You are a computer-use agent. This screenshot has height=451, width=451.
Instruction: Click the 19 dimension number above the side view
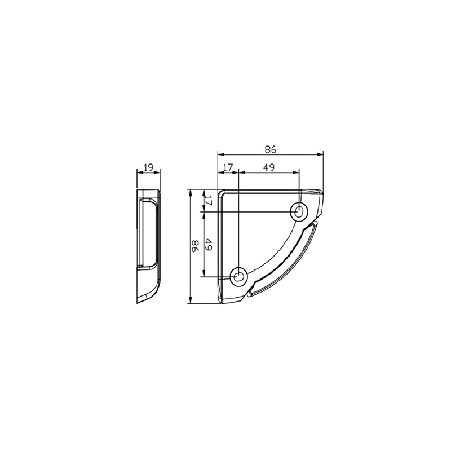(149, 167)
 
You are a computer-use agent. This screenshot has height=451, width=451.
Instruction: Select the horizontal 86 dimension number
(270, 149)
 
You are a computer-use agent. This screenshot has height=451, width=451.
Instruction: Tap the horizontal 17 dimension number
(228, 167)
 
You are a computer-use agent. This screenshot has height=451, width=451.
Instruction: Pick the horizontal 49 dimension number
(269, 167)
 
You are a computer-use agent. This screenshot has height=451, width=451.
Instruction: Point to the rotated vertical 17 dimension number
(209, 200)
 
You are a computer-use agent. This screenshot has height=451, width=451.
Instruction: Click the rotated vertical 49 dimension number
(209, 245)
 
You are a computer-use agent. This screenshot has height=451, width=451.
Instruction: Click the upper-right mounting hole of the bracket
(299, 212)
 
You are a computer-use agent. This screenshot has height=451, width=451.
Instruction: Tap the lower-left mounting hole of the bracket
(238, 277)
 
